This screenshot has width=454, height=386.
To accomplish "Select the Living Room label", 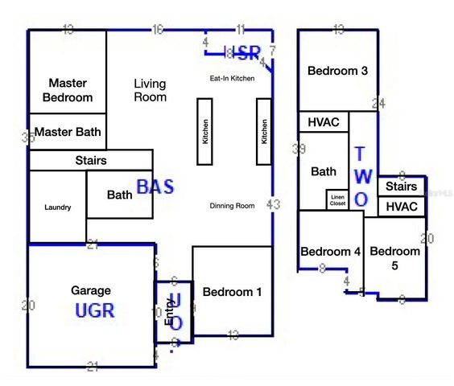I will [151, 90].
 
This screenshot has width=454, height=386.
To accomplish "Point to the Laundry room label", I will [56, 207].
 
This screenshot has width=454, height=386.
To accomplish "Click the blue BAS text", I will [155, 187].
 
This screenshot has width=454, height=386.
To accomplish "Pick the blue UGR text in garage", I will [95, 310].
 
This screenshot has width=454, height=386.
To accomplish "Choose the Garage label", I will [91, 290].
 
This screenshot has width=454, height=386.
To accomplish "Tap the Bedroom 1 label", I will [232, 292].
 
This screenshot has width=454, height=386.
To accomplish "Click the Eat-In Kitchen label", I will [232, 78].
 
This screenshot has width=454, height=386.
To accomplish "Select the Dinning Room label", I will [233, 206].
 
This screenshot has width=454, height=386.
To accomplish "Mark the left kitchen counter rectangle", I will [204, 132].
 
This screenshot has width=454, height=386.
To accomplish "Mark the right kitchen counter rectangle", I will [263, 132].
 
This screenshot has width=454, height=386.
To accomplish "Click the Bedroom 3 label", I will [338, 71].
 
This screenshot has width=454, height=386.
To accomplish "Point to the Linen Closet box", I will [337, 200].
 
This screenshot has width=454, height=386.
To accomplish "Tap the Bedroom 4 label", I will [330, 252].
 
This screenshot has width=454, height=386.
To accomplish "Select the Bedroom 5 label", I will [395, 258].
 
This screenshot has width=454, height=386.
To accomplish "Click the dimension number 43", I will [274, 205].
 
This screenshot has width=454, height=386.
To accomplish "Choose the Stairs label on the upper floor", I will [402, 187].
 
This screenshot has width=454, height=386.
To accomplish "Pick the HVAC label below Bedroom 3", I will [324, 122].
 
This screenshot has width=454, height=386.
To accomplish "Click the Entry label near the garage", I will [169, 310].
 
